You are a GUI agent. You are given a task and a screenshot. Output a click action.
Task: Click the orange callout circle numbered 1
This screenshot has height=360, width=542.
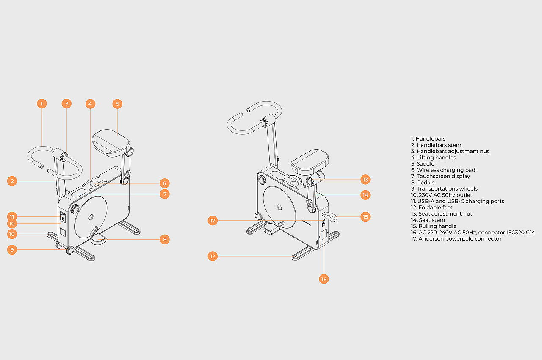(x=41, y=104)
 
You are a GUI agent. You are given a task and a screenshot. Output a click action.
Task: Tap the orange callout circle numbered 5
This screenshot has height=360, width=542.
(x=117, y=104)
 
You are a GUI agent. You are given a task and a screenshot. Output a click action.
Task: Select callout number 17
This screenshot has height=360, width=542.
(x=213, y=221)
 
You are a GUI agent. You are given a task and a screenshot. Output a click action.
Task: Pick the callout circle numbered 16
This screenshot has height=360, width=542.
(x=324, y=279)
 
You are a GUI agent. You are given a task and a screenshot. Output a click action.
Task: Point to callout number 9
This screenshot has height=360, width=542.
(x=12, y=250)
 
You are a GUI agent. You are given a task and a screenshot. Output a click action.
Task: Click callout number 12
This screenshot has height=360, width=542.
(x=213, y=256)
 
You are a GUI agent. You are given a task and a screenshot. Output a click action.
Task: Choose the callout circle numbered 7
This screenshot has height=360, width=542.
(x=165, y=194)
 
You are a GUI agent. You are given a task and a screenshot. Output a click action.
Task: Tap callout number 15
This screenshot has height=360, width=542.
(x=365, y=217)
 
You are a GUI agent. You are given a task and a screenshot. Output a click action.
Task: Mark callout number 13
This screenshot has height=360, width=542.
(x=365, y=180)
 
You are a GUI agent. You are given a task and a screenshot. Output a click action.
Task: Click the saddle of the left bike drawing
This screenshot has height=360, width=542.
(x=111, y=143)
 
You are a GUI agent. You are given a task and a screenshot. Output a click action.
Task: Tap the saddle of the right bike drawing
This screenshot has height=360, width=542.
(x=310, y=159)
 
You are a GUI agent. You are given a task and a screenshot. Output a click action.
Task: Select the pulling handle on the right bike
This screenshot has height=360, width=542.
(x=331, y=217)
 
